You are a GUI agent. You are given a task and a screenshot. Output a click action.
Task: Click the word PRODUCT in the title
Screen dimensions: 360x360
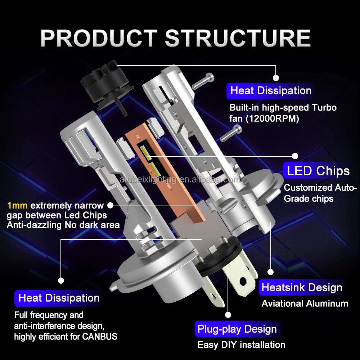click(x=99, y=38)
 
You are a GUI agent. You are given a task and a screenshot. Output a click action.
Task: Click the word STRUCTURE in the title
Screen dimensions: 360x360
click(x=238, y=38)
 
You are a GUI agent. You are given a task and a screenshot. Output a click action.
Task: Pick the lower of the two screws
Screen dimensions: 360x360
click(x=229, y=134)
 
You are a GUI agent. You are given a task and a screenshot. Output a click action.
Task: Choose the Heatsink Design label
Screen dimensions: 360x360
click(x=302, y=288)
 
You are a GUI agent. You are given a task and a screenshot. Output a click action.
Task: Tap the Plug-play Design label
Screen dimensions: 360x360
click(x=237, y=329)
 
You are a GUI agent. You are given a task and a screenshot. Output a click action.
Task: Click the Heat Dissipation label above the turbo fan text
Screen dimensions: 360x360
click(x=271, y=91)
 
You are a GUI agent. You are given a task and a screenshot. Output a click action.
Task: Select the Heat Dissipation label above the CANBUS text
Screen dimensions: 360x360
click(x=59, y=298)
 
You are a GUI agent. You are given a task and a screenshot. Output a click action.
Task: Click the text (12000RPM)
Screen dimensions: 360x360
click(x=272, y=119)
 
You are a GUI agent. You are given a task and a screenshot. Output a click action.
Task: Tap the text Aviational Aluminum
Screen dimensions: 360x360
click(x=305, y=303)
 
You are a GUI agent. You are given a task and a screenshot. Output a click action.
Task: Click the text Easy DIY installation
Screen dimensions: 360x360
click(x=241, y=345)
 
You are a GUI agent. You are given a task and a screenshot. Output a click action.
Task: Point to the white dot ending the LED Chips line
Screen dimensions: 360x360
click(x=295, y=156)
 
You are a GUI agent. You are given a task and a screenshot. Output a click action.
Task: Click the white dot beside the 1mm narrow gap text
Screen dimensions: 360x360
click(x=111, y=205)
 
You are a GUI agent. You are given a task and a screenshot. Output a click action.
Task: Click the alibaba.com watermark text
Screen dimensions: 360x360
click(x=180, y=180)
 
